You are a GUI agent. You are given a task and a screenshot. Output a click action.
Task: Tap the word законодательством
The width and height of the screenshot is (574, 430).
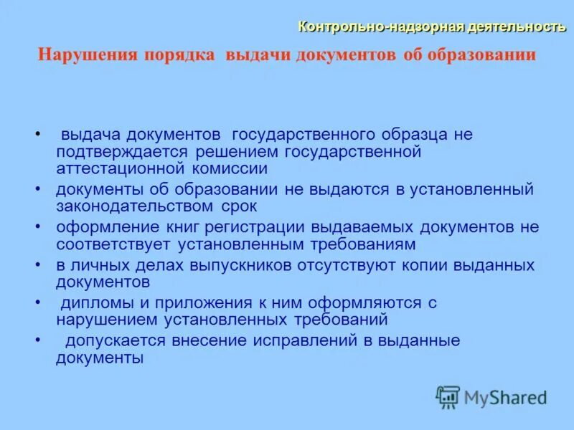pos(131,207)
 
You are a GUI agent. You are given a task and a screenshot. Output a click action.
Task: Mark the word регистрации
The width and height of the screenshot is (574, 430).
pos(260,227)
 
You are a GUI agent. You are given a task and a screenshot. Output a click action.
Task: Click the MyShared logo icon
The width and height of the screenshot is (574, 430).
pos(448,396)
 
